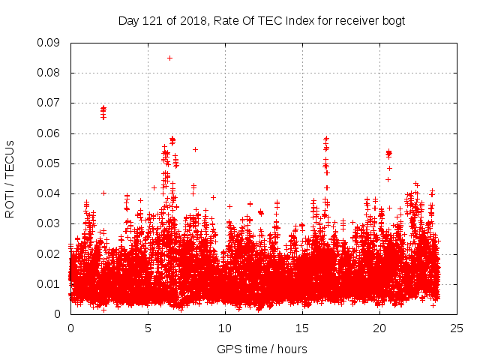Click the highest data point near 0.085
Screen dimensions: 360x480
point(169,58)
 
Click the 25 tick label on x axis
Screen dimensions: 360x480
point(456,328)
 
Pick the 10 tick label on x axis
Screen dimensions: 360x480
point(225,328)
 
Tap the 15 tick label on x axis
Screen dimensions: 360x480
point(302,328)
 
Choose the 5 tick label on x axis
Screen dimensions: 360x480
point(148,328)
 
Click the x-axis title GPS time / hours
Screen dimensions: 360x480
point(262,349)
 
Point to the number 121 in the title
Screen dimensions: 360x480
point(151,20)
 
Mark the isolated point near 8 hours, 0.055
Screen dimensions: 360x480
point(195,149)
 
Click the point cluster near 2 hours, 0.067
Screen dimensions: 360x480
point(103,112)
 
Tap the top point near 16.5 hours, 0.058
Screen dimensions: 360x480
point(326,139)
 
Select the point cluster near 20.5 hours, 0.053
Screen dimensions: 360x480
point(388,154)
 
